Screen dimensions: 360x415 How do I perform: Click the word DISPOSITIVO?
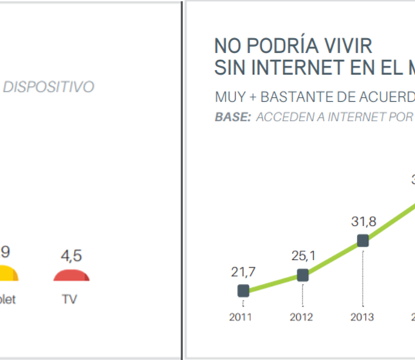49,87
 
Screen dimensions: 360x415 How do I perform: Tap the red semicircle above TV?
72,275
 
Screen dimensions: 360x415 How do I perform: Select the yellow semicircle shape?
8,274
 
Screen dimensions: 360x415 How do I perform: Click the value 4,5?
72,256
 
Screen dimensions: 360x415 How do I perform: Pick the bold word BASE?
233,117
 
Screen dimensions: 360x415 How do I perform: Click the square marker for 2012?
302,275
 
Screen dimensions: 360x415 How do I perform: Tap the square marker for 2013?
362,241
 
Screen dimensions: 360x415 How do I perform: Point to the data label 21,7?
243,271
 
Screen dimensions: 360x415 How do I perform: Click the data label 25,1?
302,255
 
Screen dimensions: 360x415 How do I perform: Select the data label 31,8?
362,222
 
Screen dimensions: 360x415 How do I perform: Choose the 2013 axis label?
362,317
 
